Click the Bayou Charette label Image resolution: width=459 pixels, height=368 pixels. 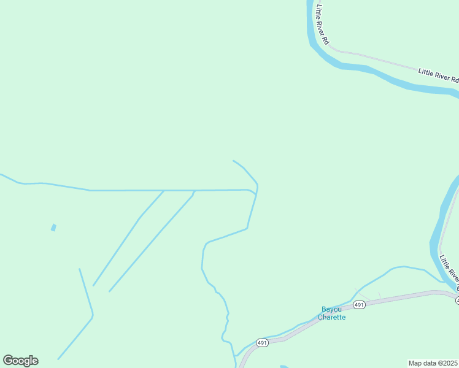[331, 313]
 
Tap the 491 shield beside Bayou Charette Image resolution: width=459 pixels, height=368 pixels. [360, 305]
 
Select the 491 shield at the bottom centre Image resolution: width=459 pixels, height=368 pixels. [262, 343]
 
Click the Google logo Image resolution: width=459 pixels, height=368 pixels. [20, 361]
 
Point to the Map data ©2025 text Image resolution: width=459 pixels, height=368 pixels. [433, 363]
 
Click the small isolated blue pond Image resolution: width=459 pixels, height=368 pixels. [53, 228]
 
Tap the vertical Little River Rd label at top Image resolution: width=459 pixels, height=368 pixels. [323, 25]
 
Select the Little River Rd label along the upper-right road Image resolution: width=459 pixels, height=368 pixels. [438, 75]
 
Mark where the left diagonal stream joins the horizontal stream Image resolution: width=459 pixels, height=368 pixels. [164, 191]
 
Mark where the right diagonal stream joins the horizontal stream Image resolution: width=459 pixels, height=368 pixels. [195, 191]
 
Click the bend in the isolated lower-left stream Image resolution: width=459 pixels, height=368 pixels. [93, 316]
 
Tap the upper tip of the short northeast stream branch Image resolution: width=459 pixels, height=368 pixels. [233, 161]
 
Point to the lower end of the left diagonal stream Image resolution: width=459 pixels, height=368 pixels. [93, 285]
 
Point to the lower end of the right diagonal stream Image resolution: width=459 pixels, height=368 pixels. [110, 291]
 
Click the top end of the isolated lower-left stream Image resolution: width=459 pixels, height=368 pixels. [79, 269]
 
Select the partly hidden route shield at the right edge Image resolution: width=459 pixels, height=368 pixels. [457, 300]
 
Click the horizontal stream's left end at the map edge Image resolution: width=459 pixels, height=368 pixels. [1, 174]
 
